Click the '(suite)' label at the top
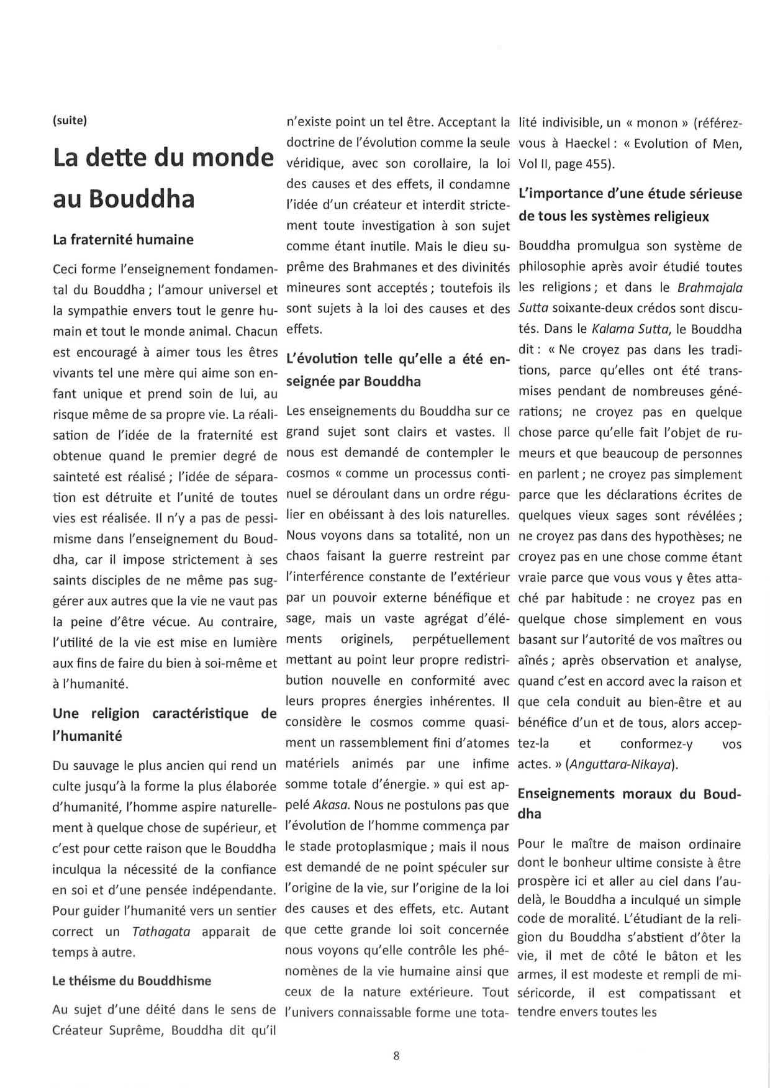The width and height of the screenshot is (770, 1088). (x=69, y=120)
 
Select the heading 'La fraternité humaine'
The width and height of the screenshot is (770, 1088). (x=123, y=240)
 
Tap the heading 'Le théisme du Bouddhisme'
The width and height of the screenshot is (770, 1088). (x=132, y=981)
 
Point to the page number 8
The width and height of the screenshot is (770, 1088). (x=396, y=1056)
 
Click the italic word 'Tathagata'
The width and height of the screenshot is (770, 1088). (x=161, y=932)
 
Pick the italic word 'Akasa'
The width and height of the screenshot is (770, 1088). (x=332, y=805)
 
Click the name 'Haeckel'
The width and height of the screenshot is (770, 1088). (x=587, y=143)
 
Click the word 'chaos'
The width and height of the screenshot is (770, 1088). (x=302, y=556)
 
